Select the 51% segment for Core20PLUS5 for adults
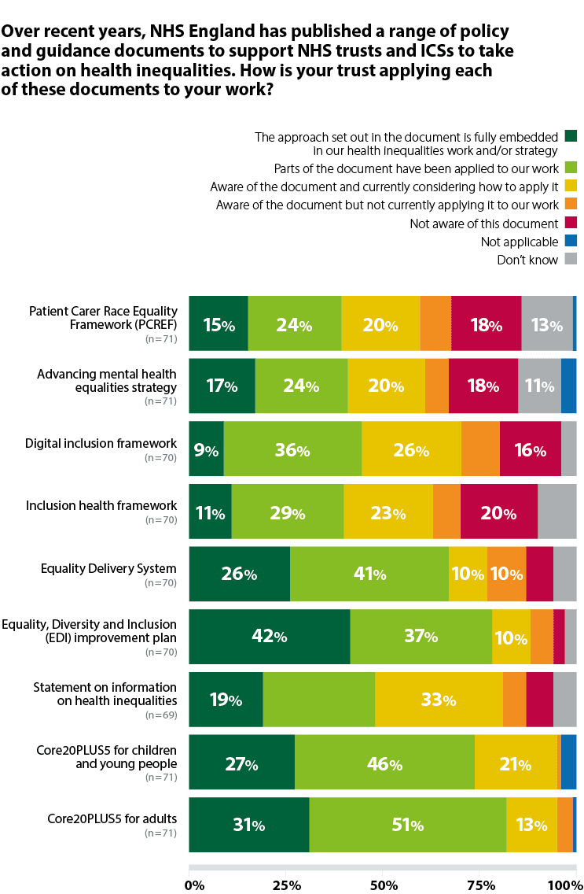[407, 825]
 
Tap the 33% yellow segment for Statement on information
[439, 699]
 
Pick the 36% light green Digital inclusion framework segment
[292, 450]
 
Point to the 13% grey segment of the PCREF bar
[547, 324]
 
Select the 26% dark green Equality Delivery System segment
[240, 574]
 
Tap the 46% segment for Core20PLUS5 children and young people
[384, 762]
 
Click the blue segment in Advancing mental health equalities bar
[568, 386]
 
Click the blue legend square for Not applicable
[571, 242]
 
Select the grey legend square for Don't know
[571, 260]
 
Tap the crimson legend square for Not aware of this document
[571, 223]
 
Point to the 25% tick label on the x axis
[287, 884]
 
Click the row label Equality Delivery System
[108, 567]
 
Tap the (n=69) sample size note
[163, 715]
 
